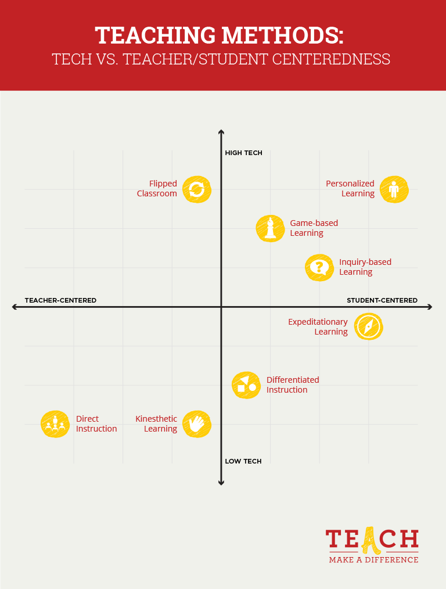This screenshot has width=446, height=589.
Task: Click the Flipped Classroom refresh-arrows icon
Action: coord(196,189)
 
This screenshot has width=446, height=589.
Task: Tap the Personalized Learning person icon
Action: coord(394,189)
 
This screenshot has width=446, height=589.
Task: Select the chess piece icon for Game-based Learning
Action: coord(270,228)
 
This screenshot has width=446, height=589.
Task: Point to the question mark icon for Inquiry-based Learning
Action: coord(319,267)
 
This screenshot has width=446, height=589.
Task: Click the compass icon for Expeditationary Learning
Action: coord(368,326)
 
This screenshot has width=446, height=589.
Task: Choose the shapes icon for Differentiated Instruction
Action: coord(246,385)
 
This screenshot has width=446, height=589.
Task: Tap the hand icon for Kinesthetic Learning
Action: coord(196,423)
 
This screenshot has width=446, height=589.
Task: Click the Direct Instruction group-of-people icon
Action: coord(55,423)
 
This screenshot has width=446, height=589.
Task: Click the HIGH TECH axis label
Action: coord(243,153)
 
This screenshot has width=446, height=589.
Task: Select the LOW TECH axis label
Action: coord(243,461)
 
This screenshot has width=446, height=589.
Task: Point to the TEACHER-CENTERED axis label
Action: coord(60,300)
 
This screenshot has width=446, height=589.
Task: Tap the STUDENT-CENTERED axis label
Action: coord(382,300)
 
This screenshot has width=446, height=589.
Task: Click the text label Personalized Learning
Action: coord(350,189)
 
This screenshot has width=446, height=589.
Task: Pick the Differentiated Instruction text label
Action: coord(293,385)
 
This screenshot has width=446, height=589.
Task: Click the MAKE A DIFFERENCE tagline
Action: coord(373,559)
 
